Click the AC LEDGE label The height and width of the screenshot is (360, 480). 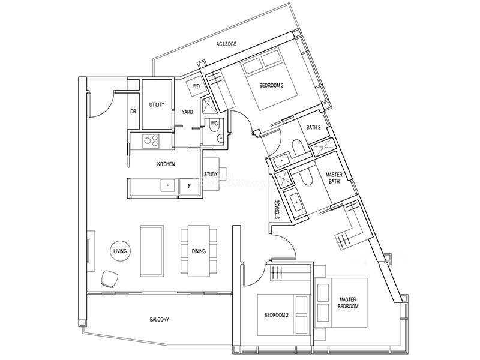click(x=226, y=44)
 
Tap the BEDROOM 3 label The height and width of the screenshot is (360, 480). click(x=271, y=85)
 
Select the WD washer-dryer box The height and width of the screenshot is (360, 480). click(x=196, y=86)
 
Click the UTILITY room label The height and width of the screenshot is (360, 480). click(x=157, y=104)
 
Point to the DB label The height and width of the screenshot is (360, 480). click(x=133, y=112)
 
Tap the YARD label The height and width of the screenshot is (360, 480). click(x=187, y=112)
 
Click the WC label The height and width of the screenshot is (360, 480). click(x=214, y=124)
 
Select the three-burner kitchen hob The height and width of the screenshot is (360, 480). click(x=151, y=142)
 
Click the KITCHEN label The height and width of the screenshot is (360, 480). click(x=166, y=164)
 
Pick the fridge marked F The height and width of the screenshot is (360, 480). click(x=190, y=186)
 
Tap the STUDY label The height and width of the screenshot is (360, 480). click(x=211, y=174)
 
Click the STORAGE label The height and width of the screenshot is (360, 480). click(x=277, y=209)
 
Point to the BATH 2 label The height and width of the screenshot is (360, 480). click(x=313, y=127)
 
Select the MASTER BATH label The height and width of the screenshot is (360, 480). click(x=334, y=178)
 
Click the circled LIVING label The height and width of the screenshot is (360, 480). click(x=120, y=251)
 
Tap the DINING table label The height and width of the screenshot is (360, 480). click(x=199, y=251)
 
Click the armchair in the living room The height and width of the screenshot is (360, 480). click(x=109, y=279)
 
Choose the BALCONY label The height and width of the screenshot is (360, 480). click(x=159, y=320)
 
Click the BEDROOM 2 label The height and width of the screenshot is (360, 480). click(x=277, y=315)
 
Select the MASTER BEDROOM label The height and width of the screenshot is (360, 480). click(x=348, y=303)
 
